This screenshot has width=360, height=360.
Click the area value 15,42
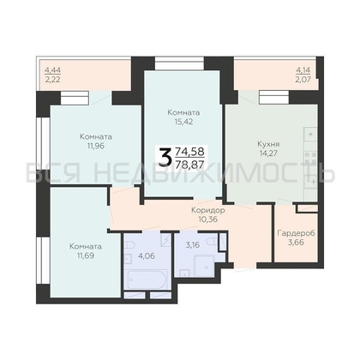(184, 122)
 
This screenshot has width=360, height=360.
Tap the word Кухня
(268, 144)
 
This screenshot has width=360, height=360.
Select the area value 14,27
(268, 153)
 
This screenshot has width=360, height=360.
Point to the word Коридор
(207, 211)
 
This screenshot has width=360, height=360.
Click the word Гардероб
(296, 233)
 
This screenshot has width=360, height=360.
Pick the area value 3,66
(297, 243)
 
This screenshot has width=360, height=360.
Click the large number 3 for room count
(165, 157)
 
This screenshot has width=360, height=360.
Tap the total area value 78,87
(190, 164)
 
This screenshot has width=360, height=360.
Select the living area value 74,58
(190, 151)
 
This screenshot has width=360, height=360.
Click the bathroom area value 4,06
(147, 255)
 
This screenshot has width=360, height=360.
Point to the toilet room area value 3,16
(193, 245)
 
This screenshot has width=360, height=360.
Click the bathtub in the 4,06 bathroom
(146, 280)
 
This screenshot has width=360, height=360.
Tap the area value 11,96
(96, 146)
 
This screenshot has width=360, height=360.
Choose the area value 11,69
(86, 255)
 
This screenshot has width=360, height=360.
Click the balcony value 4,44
(52, 69)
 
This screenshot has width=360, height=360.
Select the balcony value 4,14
(303, 69)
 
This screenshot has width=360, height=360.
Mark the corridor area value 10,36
(207, 219)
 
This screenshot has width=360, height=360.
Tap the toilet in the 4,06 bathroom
(129, 246)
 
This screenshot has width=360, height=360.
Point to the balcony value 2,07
(303, 79)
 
